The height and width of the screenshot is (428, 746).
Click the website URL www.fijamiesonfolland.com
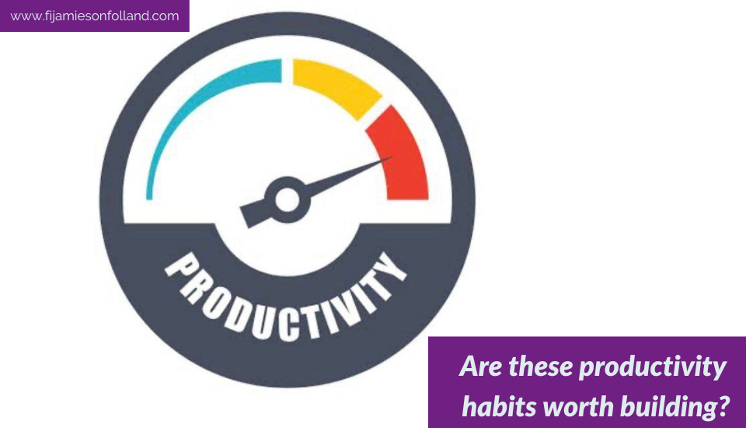[x=95, y=16]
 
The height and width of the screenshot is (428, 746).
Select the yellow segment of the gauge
[x=336, y=86]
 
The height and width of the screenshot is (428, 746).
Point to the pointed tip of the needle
[x=392, y=157]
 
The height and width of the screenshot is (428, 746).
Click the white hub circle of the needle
[x=288, y=200]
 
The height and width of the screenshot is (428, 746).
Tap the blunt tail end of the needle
[x=246, y=217]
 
